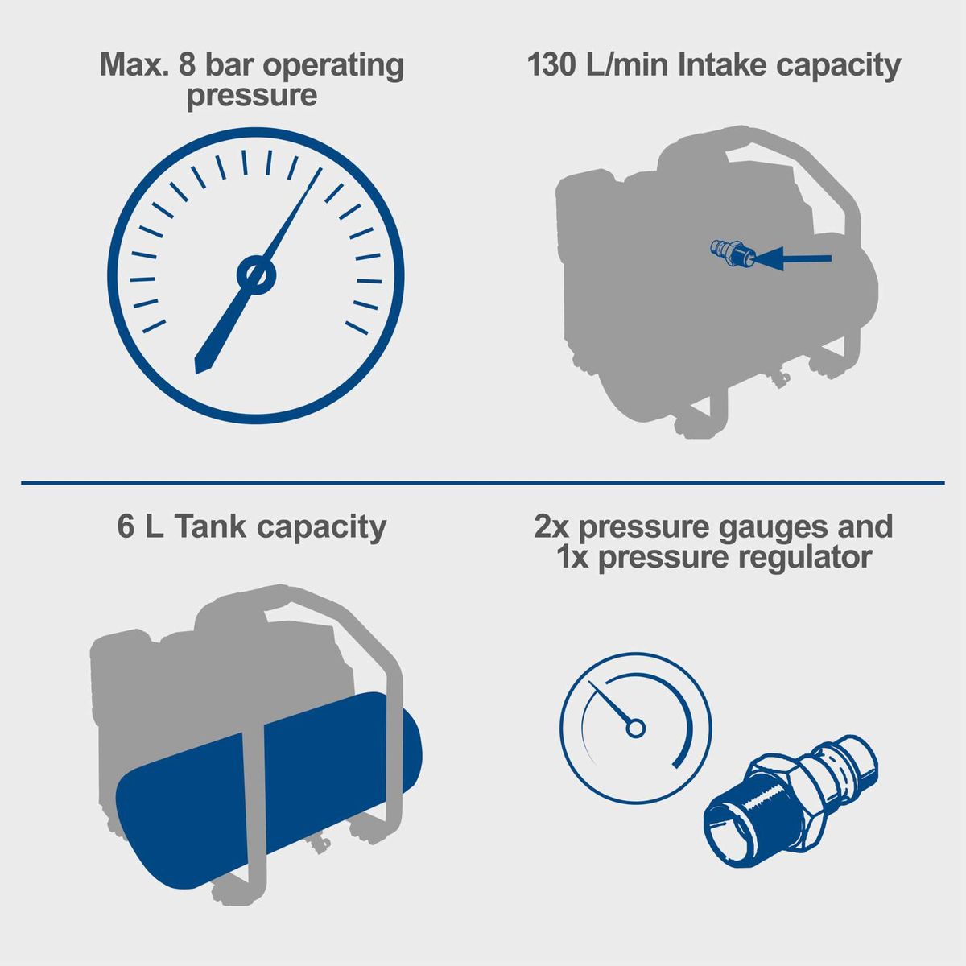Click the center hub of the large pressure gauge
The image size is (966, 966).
[255, 275]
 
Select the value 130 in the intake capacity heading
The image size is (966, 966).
[554, 66]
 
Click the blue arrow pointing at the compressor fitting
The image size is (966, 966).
[793, 258]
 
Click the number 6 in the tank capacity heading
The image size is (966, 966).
[126, 527]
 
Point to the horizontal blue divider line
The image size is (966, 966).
[483, 483]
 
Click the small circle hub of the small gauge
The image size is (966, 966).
[636, 729]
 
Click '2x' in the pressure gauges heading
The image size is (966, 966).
[552, 527]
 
